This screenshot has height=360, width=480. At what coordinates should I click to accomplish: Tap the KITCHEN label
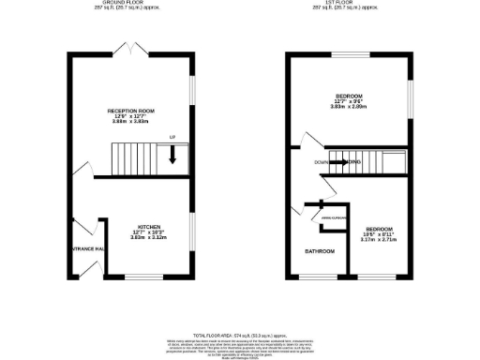[x=150, y=227]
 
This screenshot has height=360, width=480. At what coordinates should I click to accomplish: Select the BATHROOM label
[x=320, y=251]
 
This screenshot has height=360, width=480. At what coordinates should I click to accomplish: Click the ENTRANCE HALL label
[x=88, y=249]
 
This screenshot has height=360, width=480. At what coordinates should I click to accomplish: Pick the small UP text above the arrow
[x=172, y=139]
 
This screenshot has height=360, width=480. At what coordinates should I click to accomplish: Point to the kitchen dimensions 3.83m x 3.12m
[x=150, y=238]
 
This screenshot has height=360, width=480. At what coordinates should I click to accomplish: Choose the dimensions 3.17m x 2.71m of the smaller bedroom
[x=379, y=241]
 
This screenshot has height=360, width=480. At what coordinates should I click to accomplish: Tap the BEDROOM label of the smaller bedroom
[x=379, y=229]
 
